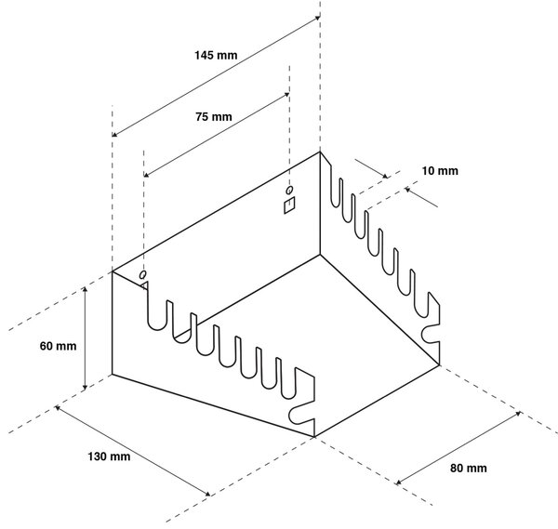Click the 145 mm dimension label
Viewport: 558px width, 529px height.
pos(216,55)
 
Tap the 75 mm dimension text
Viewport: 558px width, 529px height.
pos(214,117)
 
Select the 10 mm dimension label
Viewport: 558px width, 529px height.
pos(440,171)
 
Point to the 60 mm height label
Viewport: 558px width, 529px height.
pos(58,346)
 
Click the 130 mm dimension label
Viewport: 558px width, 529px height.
pos(109,456)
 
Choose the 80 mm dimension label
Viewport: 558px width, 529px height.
pos(469,468)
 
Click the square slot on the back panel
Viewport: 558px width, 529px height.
pos(289,205)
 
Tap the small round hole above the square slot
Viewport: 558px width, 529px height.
pos(289,190)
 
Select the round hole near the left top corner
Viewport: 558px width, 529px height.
pos(142,274)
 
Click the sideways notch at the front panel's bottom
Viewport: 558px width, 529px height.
pos(299,415)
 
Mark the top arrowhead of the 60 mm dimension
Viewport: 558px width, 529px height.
pos(85,288)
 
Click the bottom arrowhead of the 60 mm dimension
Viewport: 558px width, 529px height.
pos(85,387)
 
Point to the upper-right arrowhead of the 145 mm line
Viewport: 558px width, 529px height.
pos(317,18)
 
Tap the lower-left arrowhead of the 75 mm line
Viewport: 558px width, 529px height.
pos(146,175)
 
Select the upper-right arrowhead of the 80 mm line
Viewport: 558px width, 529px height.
pos(518,414)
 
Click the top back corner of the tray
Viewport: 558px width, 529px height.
pos(320,152)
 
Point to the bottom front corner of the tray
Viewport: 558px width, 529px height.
pos(314,437)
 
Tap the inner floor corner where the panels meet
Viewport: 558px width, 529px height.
pos(320,255)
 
